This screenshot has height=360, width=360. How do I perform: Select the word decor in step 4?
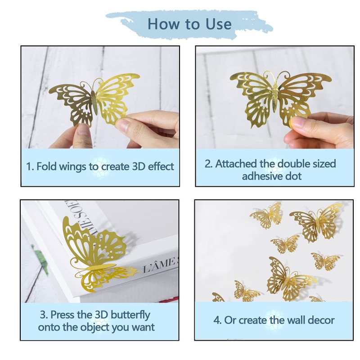point(320,320)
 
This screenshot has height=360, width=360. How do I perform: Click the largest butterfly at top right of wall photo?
point(317,222)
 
